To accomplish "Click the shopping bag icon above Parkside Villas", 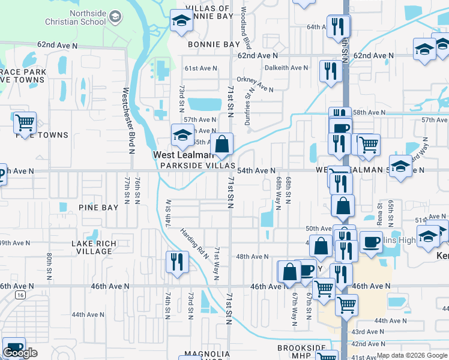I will [222, 144].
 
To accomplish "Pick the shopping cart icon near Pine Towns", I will [25, 123].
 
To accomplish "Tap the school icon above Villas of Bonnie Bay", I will [181, 22].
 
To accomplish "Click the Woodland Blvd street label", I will [245, 28].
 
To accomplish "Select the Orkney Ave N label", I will [255, 85].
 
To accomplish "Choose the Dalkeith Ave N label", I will [286, 68].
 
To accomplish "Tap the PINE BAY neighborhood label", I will [98, 208].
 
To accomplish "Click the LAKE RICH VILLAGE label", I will [92, 248].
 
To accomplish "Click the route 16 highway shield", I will [20, 295].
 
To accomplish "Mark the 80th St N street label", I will [49, 266].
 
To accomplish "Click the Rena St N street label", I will [379, 214].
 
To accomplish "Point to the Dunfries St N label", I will [249, 107].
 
